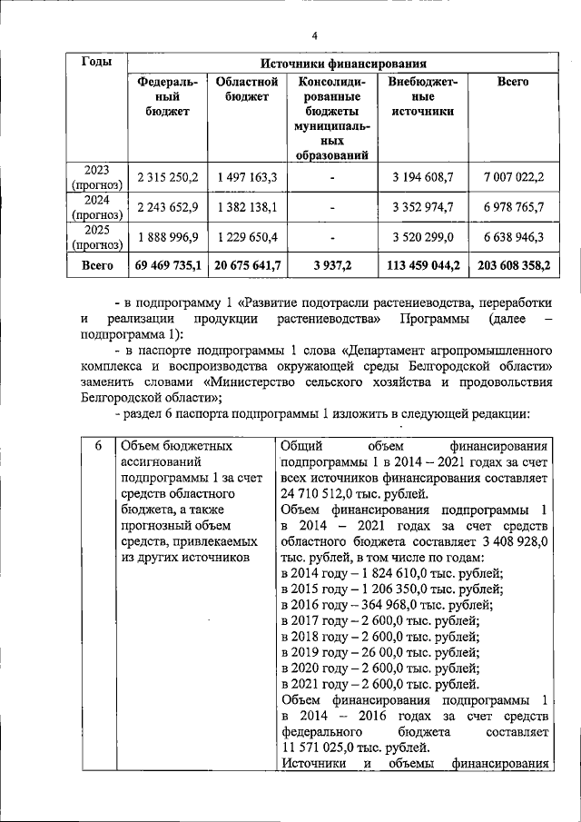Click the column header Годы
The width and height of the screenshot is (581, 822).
tap(97, 63)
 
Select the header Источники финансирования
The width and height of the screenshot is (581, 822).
tap(342, 64)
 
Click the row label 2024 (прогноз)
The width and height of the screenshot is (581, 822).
tap(97, 207)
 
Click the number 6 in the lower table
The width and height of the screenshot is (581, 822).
tap(98, 446)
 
